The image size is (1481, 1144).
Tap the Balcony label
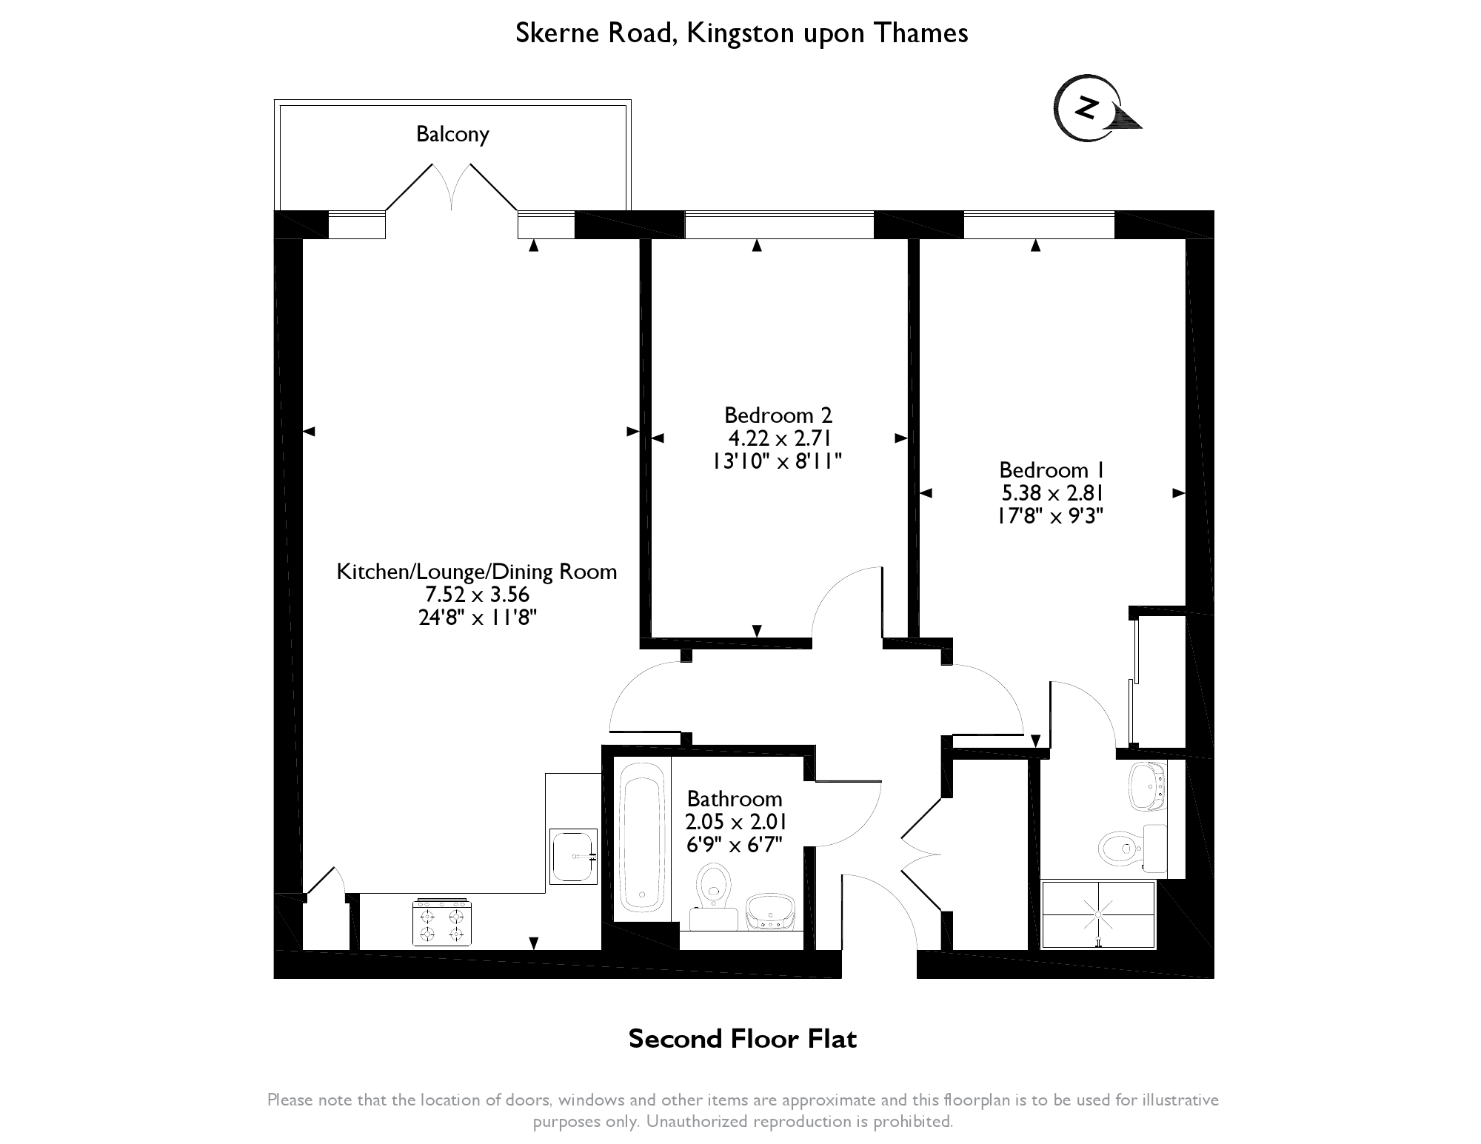(452, 134)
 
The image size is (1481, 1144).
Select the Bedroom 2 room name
(778, 415)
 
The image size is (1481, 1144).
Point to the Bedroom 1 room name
(1052, 470)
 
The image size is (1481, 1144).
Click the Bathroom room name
(735, 799)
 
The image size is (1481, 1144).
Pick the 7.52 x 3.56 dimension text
(478, 595)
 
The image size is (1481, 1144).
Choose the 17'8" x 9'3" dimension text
(1051, 515)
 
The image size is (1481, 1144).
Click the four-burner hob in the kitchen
(442, 922)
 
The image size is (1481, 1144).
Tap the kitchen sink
(573, 857)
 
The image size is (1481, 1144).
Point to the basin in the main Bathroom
(770, 912)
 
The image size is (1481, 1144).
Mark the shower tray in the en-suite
(1098, 914)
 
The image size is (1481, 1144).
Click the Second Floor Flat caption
(743, 1039)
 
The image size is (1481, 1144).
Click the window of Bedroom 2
(779, 225)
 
